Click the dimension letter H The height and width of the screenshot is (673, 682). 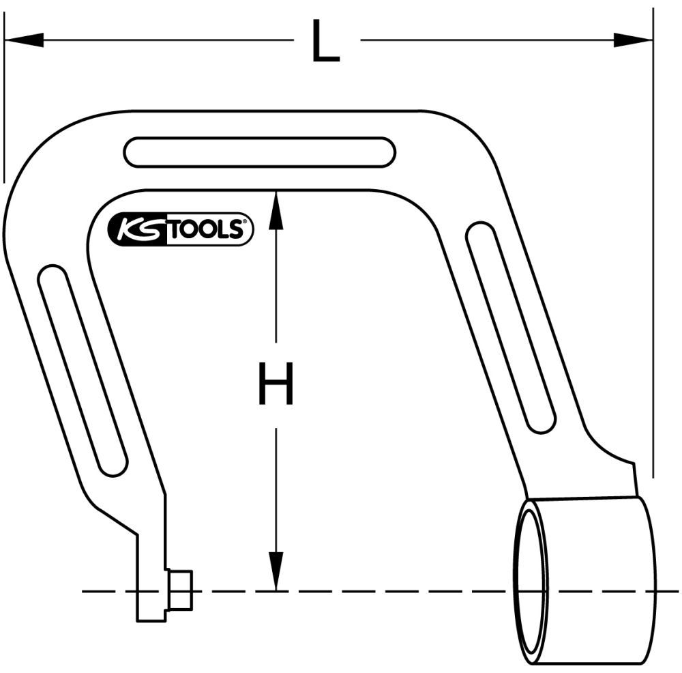276,384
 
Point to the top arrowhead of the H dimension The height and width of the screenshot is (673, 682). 276,208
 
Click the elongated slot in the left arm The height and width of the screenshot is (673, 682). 83,371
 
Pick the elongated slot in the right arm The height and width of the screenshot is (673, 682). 510,327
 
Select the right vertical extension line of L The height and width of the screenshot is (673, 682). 653,239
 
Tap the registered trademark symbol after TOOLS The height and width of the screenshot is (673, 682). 247,221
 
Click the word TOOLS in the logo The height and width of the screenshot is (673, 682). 205,231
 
